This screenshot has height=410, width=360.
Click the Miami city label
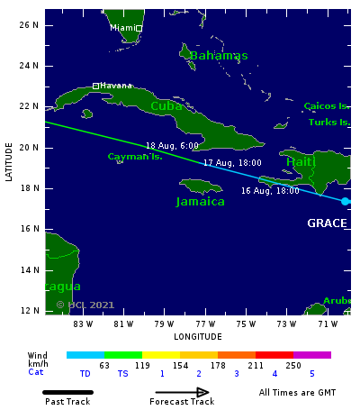click(x=122, y=28)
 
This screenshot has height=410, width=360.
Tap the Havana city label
click(x=116, y=86)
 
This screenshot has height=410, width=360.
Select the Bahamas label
click(x=219, y=56)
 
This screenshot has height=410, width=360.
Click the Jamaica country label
click(x=201, y=201)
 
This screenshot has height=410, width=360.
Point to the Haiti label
click(x=300, y=161)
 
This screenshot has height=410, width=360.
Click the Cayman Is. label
click(x=135, y=156)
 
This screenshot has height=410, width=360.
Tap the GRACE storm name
click(x=327, y=223)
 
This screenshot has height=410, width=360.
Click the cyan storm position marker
click(x=346, y=201)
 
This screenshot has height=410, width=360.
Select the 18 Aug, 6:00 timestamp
click(x=172, y=145)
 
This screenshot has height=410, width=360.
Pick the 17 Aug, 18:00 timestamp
click(x=232, y=163)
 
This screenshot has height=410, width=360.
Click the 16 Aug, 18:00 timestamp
click(x=270, y=191)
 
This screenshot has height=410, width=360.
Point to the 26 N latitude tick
click(x=30, y=24)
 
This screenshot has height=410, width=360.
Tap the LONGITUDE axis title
click(x=197, y=336)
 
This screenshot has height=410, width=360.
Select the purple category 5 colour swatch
click(x=312, y=355)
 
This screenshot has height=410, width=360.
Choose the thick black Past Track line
click(x=67, y=392)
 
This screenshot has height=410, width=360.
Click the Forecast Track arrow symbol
click(x=182, y=392)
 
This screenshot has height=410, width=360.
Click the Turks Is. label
click(x=328, y=122)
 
